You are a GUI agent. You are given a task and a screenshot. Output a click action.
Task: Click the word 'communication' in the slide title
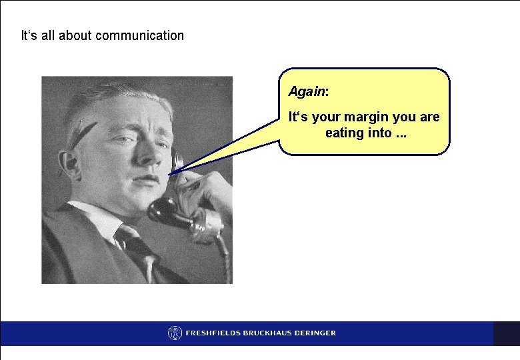pos(139,35)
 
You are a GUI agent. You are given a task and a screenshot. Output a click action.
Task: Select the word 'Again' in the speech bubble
pos(303,90)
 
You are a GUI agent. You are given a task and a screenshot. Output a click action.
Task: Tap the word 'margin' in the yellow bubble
pos(365,117)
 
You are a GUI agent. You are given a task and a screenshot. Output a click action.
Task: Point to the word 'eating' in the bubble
pos(343,133)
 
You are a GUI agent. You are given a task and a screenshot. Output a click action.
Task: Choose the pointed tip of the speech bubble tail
pos(170,175)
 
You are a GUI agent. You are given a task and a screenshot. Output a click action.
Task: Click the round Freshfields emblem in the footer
pos(175,333)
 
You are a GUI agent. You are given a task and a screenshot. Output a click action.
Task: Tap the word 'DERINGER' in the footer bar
pos(314,333)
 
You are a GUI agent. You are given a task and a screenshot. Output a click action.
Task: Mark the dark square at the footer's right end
pos(506,333)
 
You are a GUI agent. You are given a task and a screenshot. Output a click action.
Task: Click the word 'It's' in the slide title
pos(29,35)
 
